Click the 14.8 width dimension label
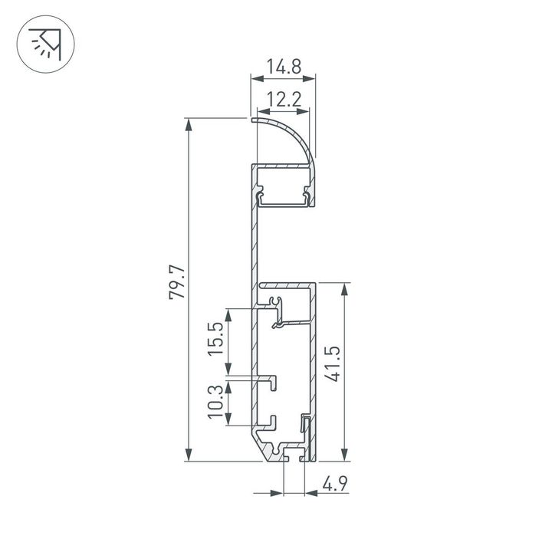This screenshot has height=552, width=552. pyautogui.click(x=284, y=67)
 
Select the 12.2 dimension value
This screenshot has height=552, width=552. pyautogui.click(x=284, y=98)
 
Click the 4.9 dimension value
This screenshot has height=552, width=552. pyautogui.click(x=331, y=484)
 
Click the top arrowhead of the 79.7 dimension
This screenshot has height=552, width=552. pyautogui.click(x=189, y=123)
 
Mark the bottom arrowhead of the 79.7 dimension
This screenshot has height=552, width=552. pyautogui.click(x=189, y=457)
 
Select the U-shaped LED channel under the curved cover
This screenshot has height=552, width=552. pyautogui.click(x=284, y=196)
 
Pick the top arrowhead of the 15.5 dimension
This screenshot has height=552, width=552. pyautogui.click(x=228, y=313)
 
